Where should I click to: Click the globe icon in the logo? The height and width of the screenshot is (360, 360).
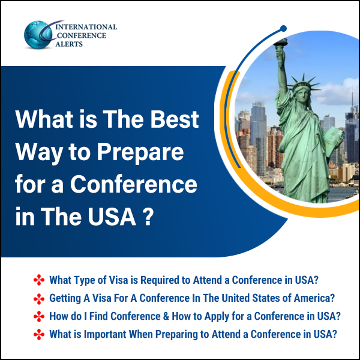[x=38, y=35]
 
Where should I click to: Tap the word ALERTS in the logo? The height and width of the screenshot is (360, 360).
[x=69, y=44]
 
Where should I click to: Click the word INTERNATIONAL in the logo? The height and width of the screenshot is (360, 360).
[x=86, y=27]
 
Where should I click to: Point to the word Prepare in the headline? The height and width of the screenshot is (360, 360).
[x=140, y=153]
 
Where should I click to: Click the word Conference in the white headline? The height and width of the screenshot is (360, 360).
[x=134, y=184]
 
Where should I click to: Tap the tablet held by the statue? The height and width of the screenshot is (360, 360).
[x=333, y=138]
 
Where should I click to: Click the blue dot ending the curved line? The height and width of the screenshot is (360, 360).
[x=284, y=28]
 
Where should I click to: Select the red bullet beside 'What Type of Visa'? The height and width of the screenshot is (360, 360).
[x=39, y=280]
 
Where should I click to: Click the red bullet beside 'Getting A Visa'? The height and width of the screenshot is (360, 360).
[x=39, y=299]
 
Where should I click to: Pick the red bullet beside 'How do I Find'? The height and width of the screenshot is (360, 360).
[x=39, y=316]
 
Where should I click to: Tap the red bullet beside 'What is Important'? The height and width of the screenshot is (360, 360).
[x=39, y=335]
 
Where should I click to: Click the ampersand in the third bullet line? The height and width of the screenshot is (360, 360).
[x=166, y=316]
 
